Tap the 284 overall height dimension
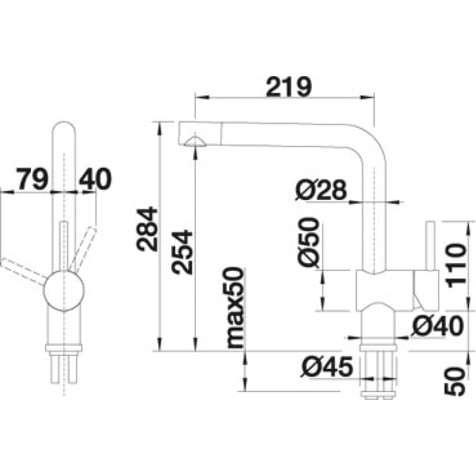(x=147, y=229)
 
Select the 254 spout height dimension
(x=181, y=252)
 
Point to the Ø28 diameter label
(x=321, y=190)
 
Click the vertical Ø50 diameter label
(x=309, y=242)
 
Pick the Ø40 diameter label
(x=437, y=325)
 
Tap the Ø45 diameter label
(x=327, y=366)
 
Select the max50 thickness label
(x=234, y=307)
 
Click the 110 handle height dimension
(x=455, y=265)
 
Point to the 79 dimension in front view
(x=32, y=179)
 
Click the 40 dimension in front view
(x=95, y=179)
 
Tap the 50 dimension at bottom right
(x=455, y=381)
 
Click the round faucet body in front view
(x=64, y=291)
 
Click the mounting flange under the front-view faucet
(x=64, y=348)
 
